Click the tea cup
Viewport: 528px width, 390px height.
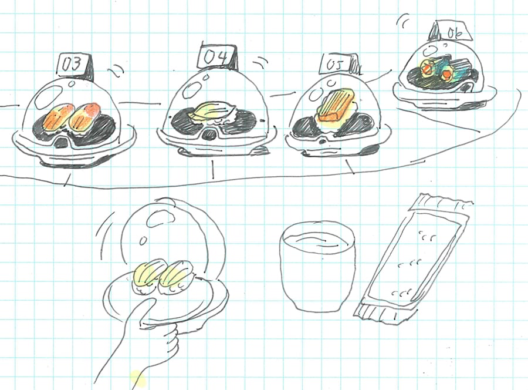[x=317, y=265]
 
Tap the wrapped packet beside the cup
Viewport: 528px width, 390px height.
[x=413, y=256]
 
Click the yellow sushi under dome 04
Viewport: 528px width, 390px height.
[x=211, y=112]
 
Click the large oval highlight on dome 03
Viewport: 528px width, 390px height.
[x=49, y=96]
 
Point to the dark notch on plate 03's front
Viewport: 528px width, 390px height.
[x=61, y=143]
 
